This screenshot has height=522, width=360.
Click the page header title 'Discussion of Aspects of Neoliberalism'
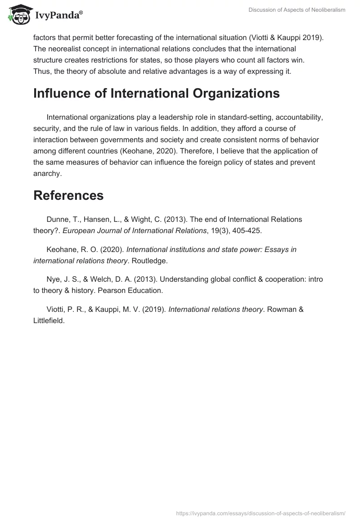point(297,10)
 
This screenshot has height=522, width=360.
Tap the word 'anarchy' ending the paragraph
point(47,173)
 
